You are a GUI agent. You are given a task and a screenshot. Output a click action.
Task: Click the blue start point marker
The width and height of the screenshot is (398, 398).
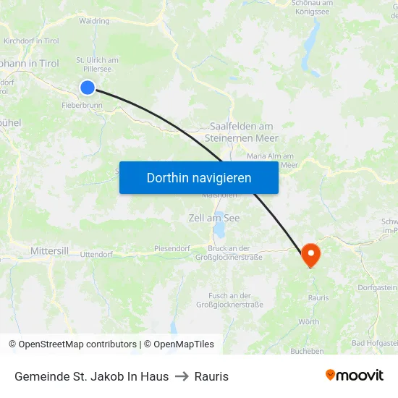coord(88,88)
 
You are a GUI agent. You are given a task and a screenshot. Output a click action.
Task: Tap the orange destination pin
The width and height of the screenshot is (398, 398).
coord(310,254)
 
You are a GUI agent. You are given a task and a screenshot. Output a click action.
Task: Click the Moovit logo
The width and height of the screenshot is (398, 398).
coord(355,376)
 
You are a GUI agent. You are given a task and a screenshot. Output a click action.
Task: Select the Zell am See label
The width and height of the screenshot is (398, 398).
coord(213,218)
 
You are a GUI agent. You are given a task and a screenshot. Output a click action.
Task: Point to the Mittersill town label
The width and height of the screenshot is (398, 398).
coord(49,251)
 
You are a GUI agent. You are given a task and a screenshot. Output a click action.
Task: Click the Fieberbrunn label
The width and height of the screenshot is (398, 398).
coord(82,105)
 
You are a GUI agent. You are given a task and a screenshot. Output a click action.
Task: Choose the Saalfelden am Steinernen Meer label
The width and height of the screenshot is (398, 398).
coord(242,132)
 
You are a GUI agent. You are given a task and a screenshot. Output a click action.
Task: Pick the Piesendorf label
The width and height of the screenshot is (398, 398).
coord(172,248)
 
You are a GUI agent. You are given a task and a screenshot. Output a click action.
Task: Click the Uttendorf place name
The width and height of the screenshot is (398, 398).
coord(96,254)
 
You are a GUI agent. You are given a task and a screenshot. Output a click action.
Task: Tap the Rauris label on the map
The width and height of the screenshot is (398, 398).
coord(318,297)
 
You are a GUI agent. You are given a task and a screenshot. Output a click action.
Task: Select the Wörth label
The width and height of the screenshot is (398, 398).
coord(309,321)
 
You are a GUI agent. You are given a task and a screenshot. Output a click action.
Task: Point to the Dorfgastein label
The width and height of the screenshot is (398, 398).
coord(377,287)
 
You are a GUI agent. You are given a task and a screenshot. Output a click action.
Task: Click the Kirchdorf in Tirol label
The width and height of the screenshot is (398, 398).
coord(31,41)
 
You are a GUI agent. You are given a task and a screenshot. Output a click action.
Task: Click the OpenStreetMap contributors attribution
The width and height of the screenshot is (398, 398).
coord(72,344)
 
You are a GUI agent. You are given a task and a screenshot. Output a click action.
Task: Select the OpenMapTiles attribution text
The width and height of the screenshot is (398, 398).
coord(179,344)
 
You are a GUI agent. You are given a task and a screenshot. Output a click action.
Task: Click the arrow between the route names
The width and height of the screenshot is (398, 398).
coord(182,376)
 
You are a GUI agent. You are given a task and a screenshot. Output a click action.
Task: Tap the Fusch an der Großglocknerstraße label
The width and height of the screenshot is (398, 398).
coord(229,300)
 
